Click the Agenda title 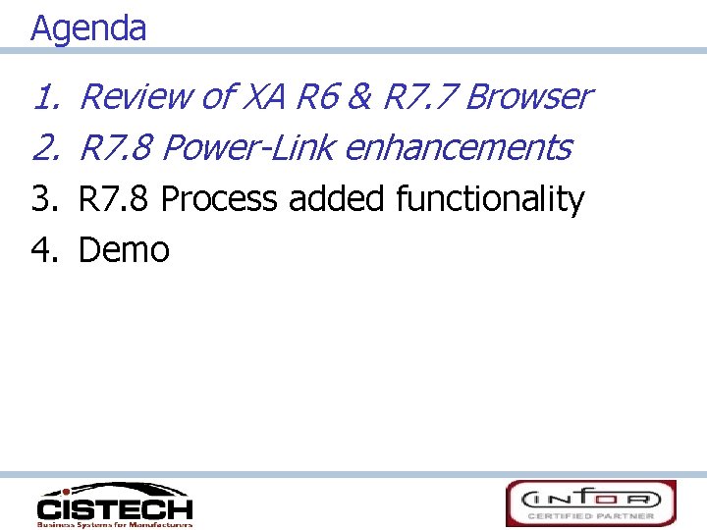tap(88, 27)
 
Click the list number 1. tap(44, 97)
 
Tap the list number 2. tap(44, 148)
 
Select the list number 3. tap(44, 199)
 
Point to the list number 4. tap(44, 250)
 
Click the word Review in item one tap(136, 97)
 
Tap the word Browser tap(528, 97)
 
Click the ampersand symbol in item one tap(360, 97)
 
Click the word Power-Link tap(248, 148)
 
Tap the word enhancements tap(459, 148)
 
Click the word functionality tap(489, 199)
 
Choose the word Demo tap(124, 250)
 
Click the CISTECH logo tap(115, 504)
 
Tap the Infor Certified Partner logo tap(591, 503)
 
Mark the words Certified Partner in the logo tap(591, 515)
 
